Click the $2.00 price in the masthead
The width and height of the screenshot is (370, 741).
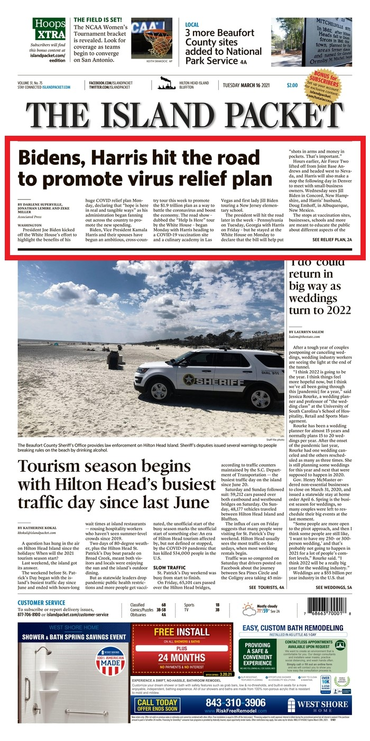click(x=292, y=85)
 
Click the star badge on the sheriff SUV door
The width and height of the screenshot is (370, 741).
click(x=189, y=379)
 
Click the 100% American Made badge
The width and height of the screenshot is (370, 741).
click(x=109, y=658)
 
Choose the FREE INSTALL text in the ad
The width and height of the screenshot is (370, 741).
click(x=182, y=632)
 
